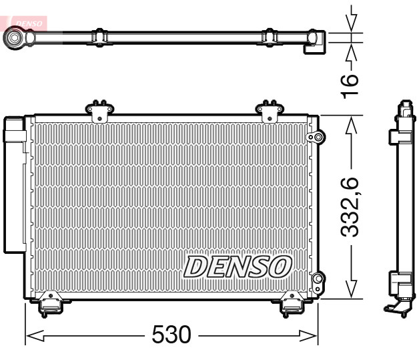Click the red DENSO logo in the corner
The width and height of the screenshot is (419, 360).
click(25, 21)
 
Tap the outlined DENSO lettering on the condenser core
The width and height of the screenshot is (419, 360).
click(238, 266)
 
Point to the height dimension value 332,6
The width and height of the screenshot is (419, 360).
click(350, 206)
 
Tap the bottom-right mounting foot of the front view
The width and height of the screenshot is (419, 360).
click(291, 303)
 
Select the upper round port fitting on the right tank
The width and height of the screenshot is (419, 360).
click(316, 138)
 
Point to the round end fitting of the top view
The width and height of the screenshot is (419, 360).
click(14, 39)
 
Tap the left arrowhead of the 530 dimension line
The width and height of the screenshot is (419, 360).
click(33, 335)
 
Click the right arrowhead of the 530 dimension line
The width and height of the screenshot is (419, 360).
click(311, 335)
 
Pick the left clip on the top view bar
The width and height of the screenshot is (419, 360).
click(98, 37)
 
